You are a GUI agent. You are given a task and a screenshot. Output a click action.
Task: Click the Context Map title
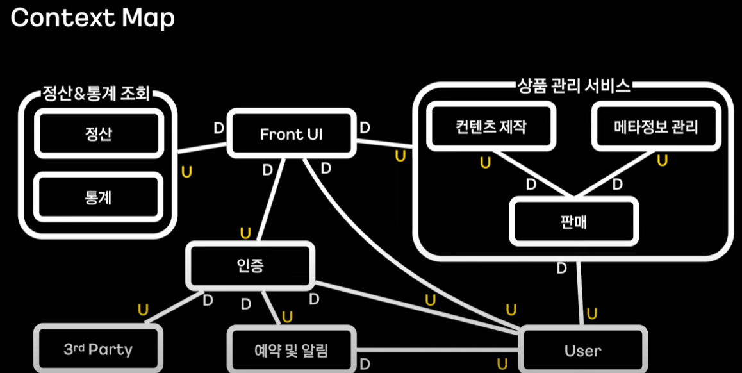pyautogui.click(x=93, y=18)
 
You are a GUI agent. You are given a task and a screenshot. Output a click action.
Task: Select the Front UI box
pyautogui.click(x=291, y=134)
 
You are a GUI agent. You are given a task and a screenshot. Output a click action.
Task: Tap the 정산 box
pyautogui.click(x=97, y=133)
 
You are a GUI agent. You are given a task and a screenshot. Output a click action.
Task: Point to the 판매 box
pyautogui.click(x=573, y=221)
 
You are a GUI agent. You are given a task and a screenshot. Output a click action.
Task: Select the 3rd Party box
pyautogui.click(x=98, y=350)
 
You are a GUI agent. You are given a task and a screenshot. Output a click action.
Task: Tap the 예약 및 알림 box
pyautogui.click(x=292, y=350)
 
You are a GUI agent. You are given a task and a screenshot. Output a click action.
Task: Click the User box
pyautogui.click(x=582, y=350)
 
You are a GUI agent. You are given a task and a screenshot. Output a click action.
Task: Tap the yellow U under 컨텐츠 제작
pyautogui.click(x=485, y=163)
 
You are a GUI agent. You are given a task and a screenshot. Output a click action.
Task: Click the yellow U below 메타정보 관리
pyautogui.click(x=662, y=160)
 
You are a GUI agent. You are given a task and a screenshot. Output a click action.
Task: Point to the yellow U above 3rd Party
pyautogui.click(x=143, y=311)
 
